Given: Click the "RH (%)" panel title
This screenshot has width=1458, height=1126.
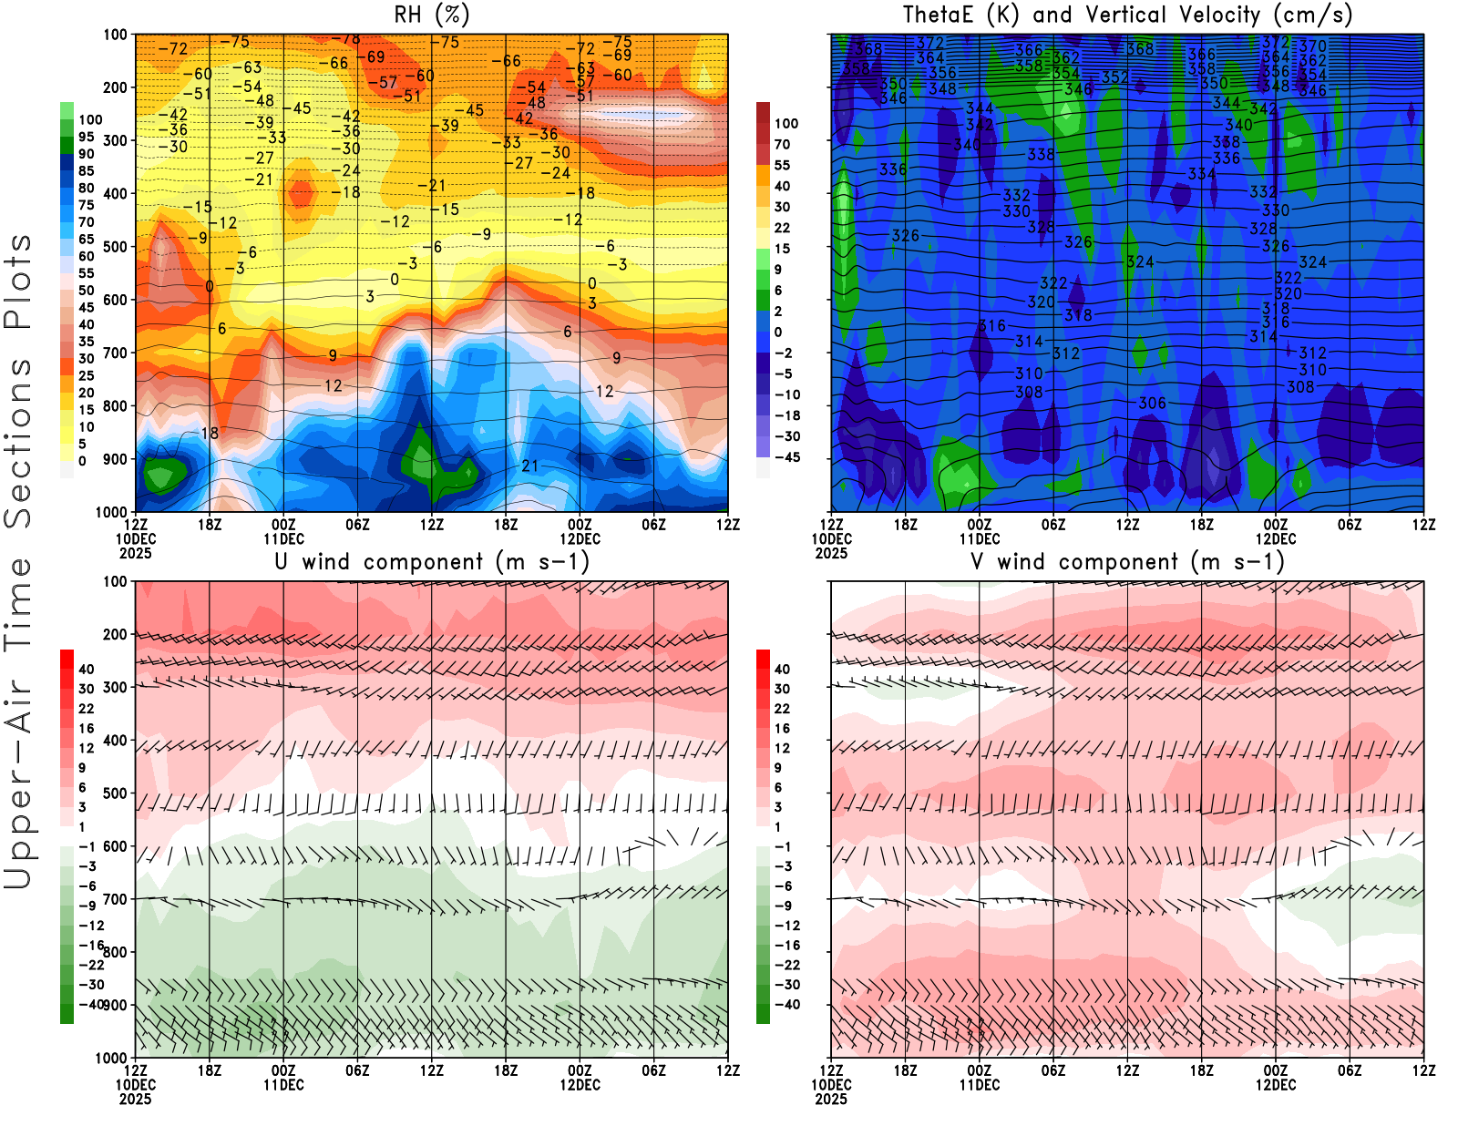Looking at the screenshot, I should [431, 15].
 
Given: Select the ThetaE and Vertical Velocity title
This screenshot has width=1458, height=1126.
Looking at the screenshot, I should [1127, 15].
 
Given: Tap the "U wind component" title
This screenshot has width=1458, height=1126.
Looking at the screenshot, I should [432, 561].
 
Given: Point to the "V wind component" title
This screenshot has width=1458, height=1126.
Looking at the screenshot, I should [1127, 561].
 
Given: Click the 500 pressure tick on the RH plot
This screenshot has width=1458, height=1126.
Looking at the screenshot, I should [115, 247].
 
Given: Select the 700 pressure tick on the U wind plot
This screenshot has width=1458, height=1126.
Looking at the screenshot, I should [115, 899].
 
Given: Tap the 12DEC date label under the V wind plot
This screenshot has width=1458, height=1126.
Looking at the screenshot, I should [1276, 1085].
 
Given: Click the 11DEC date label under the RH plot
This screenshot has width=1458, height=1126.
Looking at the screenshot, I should [283, 538].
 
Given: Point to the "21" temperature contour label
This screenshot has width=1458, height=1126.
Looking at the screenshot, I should [529, 466].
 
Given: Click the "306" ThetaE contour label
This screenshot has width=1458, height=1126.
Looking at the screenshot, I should [1152, 403].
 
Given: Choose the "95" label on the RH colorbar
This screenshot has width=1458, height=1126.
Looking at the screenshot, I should [86, 137].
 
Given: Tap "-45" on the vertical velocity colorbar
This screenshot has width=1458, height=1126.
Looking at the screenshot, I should [787, 457].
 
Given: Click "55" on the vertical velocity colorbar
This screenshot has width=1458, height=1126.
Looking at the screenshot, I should [782, 165].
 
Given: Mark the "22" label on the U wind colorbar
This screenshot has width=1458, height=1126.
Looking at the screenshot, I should [87, 708].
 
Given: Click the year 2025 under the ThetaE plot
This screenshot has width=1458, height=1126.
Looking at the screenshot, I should [831, 553].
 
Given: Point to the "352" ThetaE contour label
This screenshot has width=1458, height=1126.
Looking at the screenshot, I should [1114, 77].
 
